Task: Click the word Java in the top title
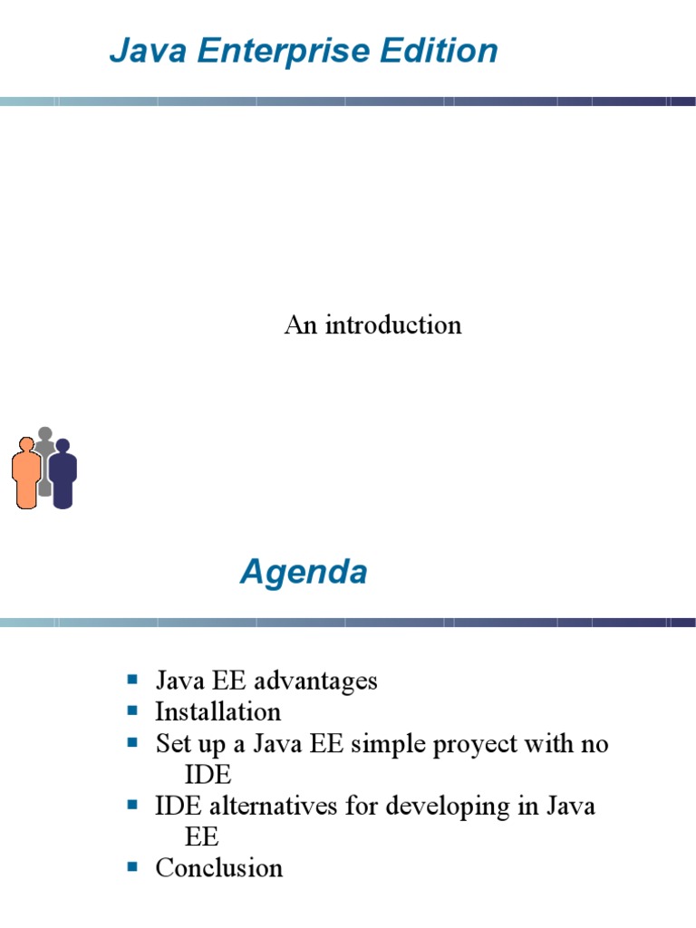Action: point(148,51)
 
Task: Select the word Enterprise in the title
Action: point(284,52)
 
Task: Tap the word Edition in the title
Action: point(439,51)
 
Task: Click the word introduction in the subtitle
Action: point(393,325)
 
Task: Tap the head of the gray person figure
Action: point(45,434)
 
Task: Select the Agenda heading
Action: point(304,573)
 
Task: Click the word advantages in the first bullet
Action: point(315,681)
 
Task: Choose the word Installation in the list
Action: point(217,711)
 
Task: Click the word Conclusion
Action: point(219,868)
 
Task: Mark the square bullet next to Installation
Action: point(132,710)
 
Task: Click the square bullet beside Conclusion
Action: point(132,867)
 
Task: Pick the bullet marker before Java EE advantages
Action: point(132,679)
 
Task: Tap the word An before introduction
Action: point(300,325)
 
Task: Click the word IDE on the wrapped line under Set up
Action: point(208,775)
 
